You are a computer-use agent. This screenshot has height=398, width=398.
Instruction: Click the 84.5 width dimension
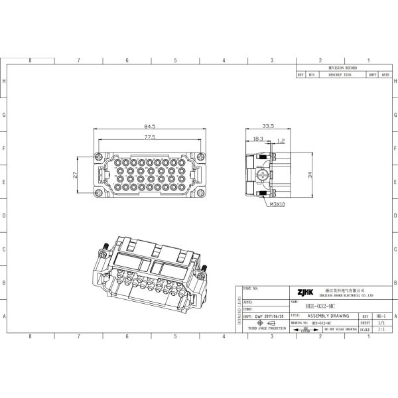point(150,126)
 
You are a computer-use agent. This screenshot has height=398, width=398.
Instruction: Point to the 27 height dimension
point(74,175)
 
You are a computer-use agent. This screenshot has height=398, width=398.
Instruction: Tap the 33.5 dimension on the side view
point(269,126)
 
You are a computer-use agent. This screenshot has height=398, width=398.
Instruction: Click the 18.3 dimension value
point(258,139)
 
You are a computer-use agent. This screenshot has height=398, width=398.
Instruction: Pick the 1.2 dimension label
point(281,140)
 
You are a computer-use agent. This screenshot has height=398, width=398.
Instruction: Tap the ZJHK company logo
point(304,292)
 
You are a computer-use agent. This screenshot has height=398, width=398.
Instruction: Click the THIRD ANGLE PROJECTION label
point(267,328)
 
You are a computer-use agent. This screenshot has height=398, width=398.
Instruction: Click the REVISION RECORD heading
point(343,68)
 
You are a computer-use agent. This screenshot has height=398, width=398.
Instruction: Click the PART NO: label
point(251,289)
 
